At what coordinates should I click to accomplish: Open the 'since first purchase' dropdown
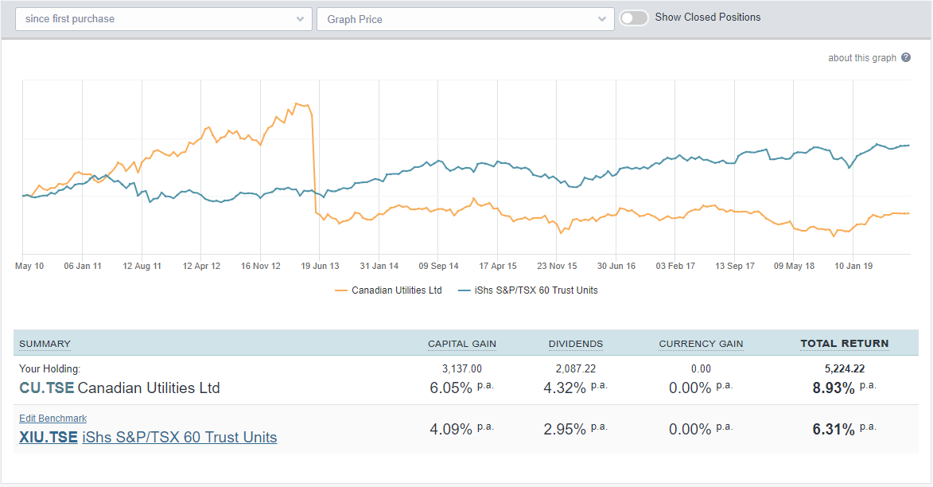coord(163,19)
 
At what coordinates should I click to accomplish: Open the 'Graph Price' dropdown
coord(465,19)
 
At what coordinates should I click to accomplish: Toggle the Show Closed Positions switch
coord(634,18)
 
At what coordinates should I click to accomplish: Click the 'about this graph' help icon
coord(906,58)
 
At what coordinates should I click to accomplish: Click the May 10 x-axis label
coord(29,266)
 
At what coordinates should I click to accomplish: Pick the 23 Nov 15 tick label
coord(557,266)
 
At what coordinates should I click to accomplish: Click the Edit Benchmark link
coord(52,419)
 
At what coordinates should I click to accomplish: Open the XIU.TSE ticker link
coord(48,437)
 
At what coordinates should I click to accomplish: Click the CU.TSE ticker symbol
coord(46,388)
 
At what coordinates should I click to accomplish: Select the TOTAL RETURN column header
coord(844,344)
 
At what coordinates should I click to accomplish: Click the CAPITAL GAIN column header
coord(461,344)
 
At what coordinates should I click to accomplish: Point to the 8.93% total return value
coord(833,388)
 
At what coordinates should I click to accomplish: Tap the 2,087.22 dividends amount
coord(575,369)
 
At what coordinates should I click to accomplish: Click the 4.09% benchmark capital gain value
coord(451,429)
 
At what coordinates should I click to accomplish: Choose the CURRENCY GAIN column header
coord(701,344)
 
